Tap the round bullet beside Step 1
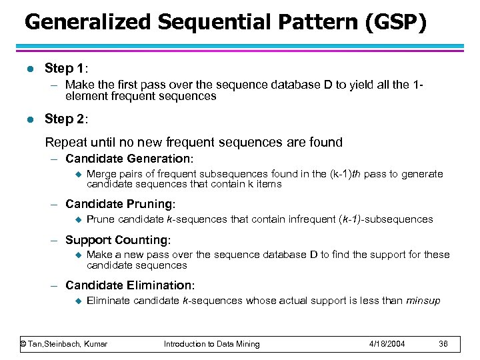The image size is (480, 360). [27, 69]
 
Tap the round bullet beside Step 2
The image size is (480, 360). [27, 119]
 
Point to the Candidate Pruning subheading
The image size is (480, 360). [121, 204]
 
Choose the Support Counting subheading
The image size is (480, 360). [118, 239]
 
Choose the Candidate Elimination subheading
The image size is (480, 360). [130, 285]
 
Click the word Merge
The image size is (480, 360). [101, 174]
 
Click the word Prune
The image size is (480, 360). [101, 219]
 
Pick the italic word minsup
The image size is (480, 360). [423, 301]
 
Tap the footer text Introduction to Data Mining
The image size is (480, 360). [212, 344]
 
